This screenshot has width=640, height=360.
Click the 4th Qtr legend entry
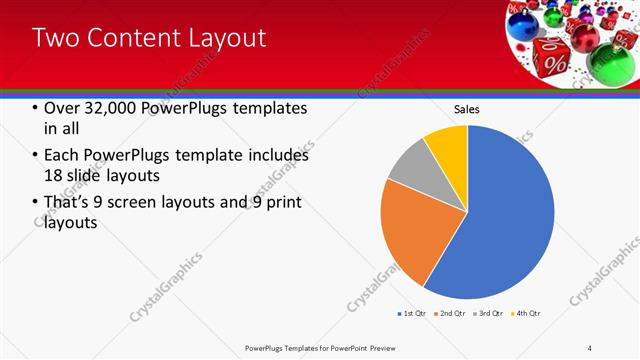(527, 314)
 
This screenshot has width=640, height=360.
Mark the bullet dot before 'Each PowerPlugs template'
(35, 156)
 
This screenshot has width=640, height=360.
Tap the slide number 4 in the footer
(591, 347)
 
